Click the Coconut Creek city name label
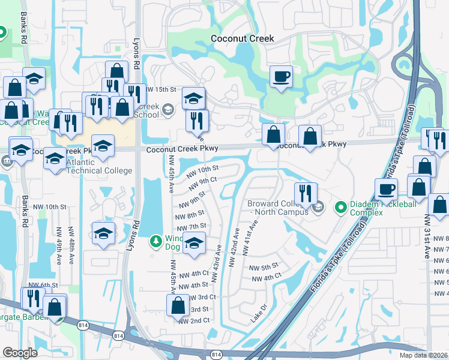243,38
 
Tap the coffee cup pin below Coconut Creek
280,77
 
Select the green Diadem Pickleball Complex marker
341,208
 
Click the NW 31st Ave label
427,237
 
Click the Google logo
20,353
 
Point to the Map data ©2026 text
423,355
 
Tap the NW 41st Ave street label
251,238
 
